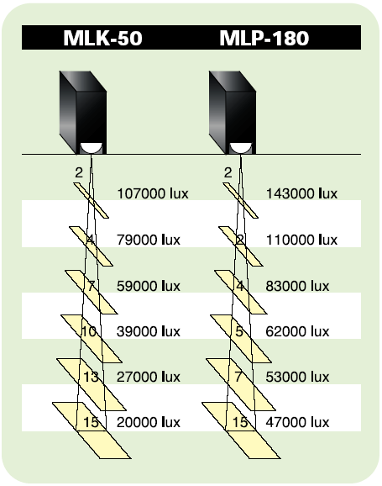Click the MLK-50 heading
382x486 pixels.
[102, 38]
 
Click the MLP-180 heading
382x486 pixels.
[264, 38]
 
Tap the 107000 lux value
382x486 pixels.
[153, 193]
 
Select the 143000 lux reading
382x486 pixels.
[302, 193]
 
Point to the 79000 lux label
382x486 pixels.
[149, 240]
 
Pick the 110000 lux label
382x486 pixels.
[302, 240]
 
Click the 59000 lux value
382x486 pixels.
[149, 286]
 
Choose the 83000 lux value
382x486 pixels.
[297, 286]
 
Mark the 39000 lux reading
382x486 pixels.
[149, 331]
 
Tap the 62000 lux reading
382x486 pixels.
[297, 331]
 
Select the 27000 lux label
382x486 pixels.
[149, 377]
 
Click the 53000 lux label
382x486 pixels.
[297, 377]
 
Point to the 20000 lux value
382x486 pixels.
[149, 422]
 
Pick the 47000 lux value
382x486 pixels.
[297, 422]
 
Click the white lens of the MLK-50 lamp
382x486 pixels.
[92, 147]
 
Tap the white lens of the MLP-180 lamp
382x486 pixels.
[241, 147]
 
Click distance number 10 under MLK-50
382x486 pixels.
[89, 331]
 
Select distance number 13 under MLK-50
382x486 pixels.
[91, 377]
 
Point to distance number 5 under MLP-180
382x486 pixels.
[239, 331]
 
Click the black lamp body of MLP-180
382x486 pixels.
[233, 112]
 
